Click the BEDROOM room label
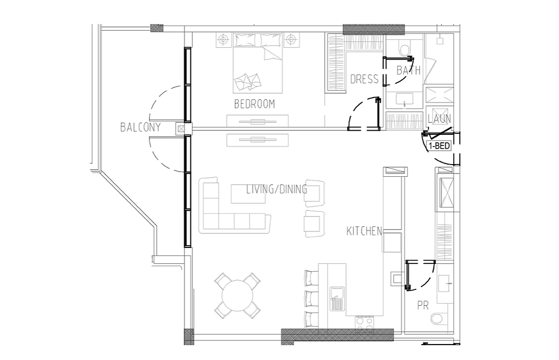coord(254,104)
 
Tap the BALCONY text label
coord(141,127)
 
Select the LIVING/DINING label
coord(277,189)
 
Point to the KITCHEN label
coord(364,231)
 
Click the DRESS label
coord(364,79)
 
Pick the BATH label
coord(409,70)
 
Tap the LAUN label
coord(440,119)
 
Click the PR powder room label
coord(423,305)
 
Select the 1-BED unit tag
coord(439,146)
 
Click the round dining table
coord(237,296)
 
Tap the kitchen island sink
coord(337,298)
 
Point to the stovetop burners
coord(364,322)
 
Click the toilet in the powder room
coord(437,318)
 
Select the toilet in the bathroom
coord(405,49)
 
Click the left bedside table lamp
coord(223,39)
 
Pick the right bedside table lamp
coord(291,39)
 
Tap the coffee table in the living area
coord(248,194)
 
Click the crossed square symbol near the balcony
coord(181,128)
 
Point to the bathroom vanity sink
coord(405,100)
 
